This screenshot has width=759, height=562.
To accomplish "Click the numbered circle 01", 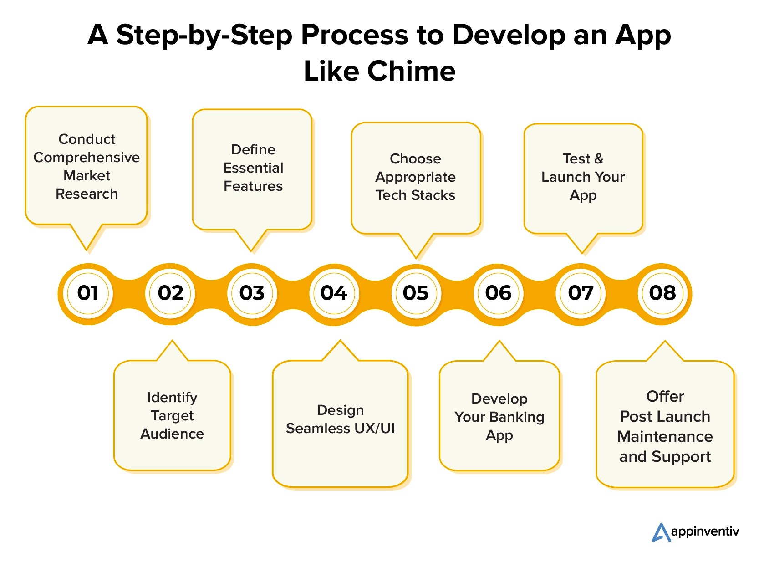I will (x=88, y=293).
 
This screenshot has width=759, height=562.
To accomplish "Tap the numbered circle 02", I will (x=170, y=293).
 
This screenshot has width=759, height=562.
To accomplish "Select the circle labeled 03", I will (x=252, y=293).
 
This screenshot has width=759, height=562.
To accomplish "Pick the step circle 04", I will (x=334, y=293).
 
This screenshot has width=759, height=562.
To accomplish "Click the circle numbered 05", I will (x=416, y=293).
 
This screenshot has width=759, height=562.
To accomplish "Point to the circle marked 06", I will (x=498, y=293).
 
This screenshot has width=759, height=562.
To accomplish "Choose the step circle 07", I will (x=581, y=293).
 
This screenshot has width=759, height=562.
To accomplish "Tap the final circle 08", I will (x=662, y=293).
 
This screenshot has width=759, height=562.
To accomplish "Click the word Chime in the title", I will (x=411, y=72).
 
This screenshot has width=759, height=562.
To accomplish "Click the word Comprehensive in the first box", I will (x=87, y=158).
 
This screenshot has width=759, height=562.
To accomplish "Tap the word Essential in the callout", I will (x=253, y=168).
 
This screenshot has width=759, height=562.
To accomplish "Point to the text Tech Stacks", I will (x=415, y=195).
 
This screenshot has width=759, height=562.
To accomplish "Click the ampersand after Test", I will (x=599, y=159).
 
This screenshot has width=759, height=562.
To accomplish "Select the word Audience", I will (x=172, y=434).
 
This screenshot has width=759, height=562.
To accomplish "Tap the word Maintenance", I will (x=665, y=437).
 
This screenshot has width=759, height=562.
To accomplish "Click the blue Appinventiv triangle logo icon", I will (x=661, y=532).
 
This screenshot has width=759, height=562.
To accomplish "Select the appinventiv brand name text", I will (x=705, y=531).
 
